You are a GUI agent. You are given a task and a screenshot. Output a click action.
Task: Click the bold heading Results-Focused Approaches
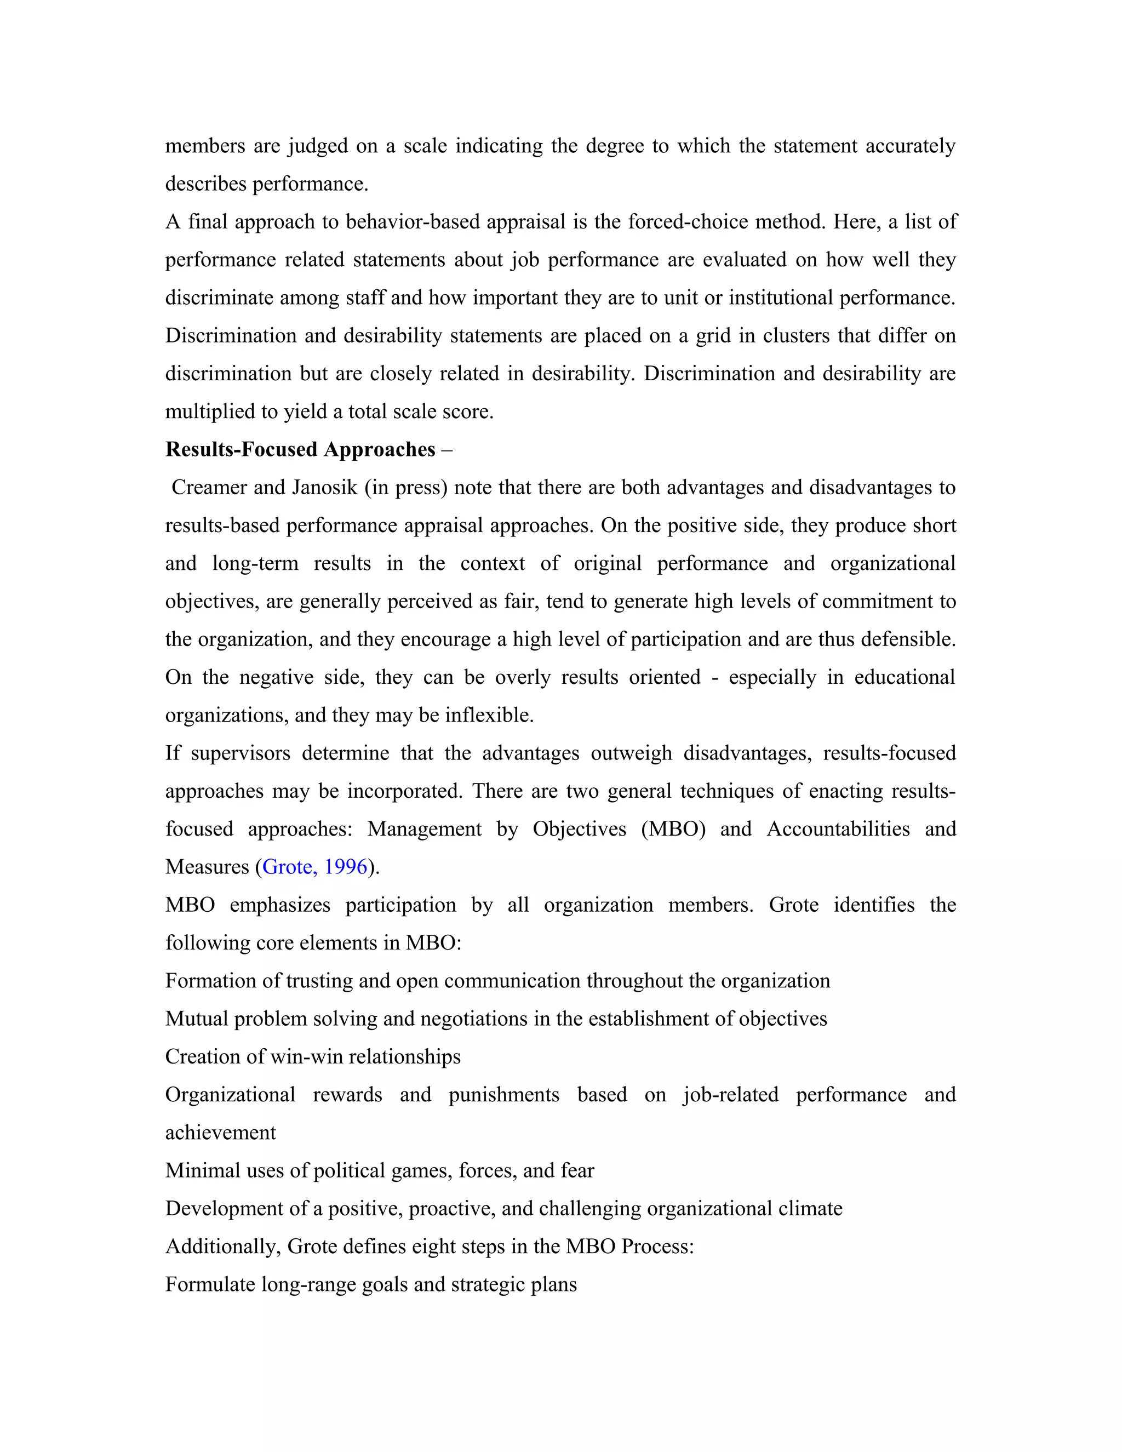[300, 450]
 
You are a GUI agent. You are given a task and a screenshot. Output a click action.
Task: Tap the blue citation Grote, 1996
[315, 867]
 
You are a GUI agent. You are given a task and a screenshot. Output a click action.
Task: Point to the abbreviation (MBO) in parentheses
[673, 830]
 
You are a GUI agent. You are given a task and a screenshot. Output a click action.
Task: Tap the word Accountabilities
[838, 830]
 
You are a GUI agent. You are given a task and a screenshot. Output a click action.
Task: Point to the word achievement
[220, 1133]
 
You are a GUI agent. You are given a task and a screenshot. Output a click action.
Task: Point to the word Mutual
[196, 1019]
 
